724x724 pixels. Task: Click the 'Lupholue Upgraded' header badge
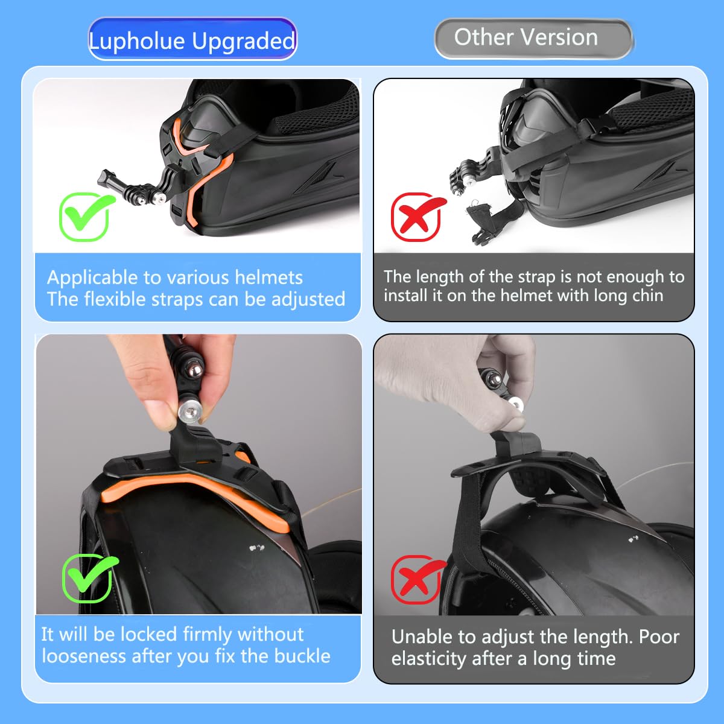click(192, 39)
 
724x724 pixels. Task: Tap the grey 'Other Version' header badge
click(533, 39)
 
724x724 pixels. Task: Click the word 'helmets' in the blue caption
click(268, 278)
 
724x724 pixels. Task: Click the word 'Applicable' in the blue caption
click(92, 278)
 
